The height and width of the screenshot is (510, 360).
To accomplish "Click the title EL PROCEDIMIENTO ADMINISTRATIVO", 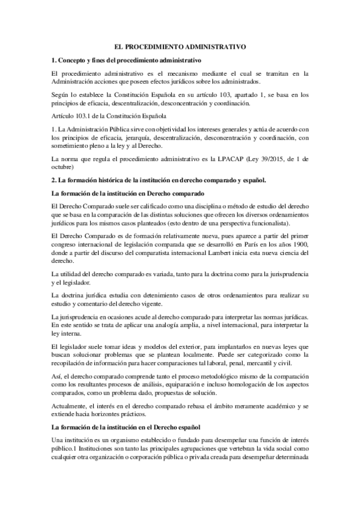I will pyautogui.click(x=180, y=46).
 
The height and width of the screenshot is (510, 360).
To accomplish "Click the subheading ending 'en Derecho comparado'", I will pyautogui.click(x=128, y=193).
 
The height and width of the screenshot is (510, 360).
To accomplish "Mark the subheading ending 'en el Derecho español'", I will pyautogui.click(x=128, y=426).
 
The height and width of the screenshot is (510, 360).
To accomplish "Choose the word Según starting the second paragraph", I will pyautogui.click(x=61, y=95).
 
